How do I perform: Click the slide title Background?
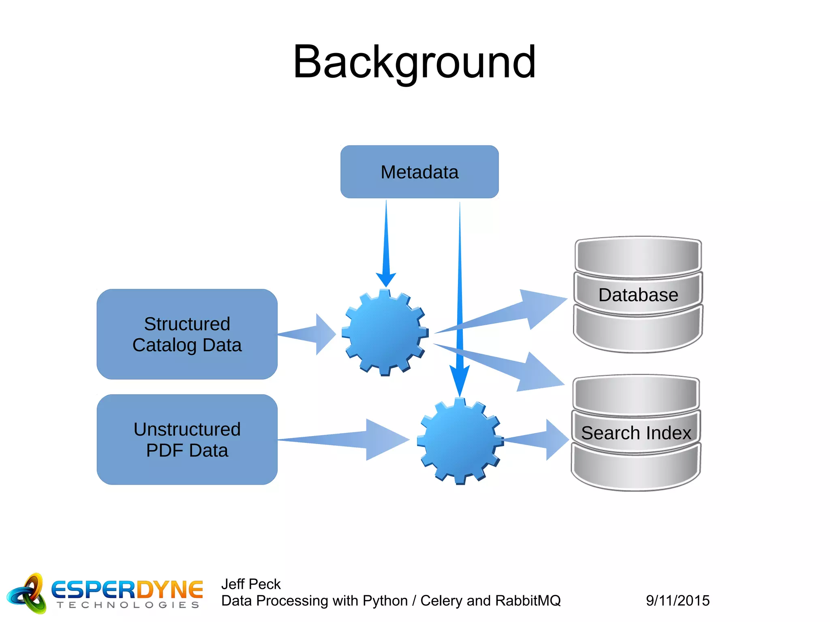414,62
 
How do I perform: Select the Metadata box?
419,172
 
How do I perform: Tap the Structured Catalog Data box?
187,334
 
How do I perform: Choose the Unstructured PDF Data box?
187,440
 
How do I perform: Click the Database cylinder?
638,295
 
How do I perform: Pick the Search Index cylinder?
636,433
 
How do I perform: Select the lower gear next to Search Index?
460,441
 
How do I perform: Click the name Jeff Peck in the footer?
251,584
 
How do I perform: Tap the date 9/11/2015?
678,601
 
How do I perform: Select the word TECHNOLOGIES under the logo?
128,605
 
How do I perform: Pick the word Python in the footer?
385,601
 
